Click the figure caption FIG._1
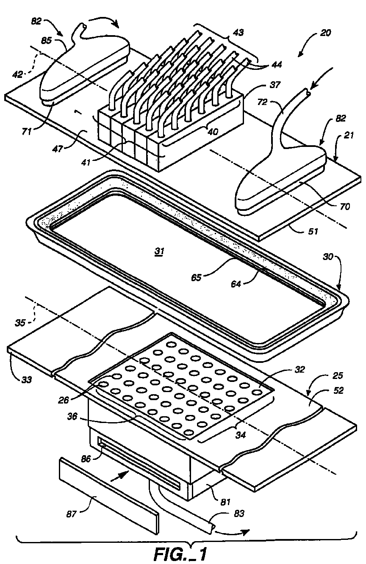[180, 553]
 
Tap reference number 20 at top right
[325, 33]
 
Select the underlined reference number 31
[160, 251]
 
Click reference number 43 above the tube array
[238, 33]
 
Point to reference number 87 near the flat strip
[71, 514]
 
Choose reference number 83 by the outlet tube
[239, 513]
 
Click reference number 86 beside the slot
[86, 459]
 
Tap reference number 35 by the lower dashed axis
[20, 323]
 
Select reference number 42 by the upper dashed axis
[17, 74]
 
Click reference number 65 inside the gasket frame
[196, 277]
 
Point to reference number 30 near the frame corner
[328, 257]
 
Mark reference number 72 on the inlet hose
[263, 102]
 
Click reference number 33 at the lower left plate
[26, 379]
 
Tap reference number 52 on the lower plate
[338, 390]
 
